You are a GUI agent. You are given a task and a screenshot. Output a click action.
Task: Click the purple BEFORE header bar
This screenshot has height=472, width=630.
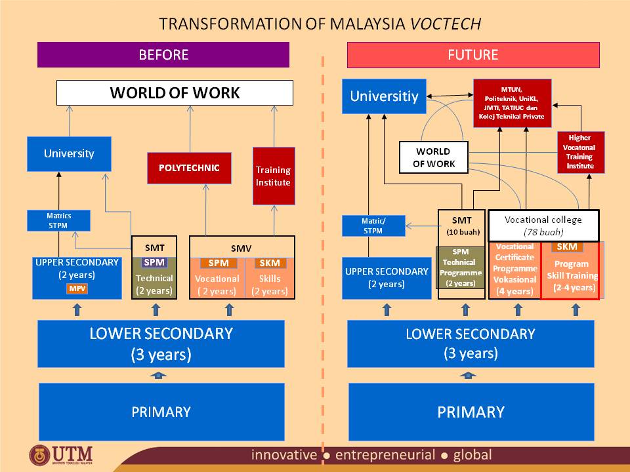(x=163, y=55)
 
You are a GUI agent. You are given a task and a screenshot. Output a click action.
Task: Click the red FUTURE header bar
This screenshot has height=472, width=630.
(x=472, y=55)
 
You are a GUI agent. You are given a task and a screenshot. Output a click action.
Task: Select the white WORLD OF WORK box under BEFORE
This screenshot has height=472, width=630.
(x=175, y=93)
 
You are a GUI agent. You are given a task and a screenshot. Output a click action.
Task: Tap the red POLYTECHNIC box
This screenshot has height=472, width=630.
(x=188, y=168)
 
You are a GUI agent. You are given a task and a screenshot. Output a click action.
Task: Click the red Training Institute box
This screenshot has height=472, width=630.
(x=273, y=176)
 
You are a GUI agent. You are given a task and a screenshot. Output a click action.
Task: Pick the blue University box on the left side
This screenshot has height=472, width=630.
(x=69, y=154)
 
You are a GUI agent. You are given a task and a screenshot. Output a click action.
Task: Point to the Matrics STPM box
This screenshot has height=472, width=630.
(x=58, y=220)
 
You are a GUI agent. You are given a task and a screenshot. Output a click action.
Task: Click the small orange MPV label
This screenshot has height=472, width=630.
(x=77, y=289)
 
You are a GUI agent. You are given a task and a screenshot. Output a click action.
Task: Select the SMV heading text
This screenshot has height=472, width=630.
(x=241, y=248)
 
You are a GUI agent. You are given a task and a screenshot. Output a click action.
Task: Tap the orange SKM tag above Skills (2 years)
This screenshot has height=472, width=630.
(x=269, y=263)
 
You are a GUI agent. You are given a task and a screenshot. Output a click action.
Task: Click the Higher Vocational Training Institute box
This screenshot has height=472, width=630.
(x=580, y=153)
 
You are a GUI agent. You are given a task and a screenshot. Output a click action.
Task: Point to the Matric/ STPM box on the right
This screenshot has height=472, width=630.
(x=373, y=226)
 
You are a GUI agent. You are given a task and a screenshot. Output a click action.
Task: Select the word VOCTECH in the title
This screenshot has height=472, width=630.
(x=446, y=24)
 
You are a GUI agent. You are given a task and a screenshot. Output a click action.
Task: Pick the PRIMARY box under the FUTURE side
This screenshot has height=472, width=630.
(x=471, y=412)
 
